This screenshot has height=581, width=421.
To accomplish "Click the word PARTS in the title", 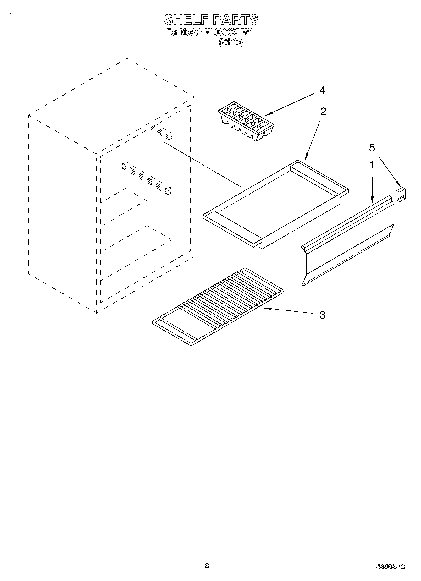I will pyautogui.click(x=235, y=20).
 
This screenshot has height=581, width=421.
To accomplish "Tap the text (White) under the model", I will pyautogui.click(x=231, y=42).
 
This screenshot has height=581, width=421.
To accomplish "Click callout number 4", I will pyautogui.click(x=322, y=90).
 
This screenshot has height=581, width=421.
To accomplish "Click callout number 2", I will pyautogui.click(x=323, y=111).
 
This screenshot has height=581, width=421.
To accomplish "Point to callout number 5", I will pyautogui.click(x=372, y=148).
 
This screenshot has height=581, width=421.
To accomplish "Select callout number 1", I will pyautogui.click(x=372, y=164).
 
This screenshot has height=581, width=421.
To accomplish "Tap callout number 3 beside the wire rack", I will pyautogui.click(x=322, y=315).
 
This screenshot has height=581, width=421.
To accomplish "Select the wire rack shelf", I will pyautogui.click(x=217, y=306).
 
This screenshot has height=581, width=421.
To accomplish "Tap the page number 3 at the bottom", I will pyautogui.click(x=207, y=566).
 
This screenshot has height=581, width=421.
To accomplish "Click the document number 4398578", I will pyautogui.click(x=391, y=567).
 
